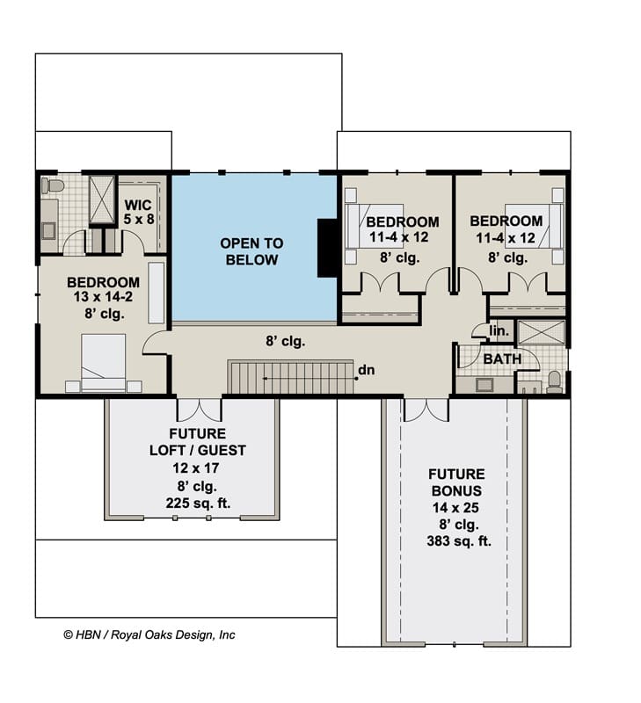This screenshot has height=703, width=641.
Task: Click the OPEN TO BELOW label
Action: [251, 251]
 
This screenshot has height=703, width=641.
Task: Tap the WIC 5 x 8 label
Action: [139, 212]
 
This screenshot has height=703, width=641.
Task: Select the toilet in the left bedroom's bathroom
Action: [52, 185]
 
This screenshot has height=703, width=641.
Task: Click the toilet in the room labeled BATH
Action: [555, 381]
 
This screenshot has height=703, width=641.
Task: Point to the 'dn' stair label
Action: [367, 370]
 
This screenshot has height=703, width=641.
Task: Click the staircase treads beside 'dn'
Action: [290, 377]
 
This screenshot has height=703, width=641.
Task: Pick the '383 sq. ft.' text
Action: [459, 541]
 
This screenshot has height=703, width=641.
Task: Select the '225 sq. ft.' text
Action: [198, 503]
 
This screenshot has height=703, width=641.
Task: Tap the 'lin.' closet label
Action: [499, 331]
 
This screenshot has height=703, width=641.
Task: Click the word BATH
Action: [502, 359]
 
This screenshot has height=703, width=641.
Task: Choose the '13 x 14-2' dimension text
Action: [103, 297]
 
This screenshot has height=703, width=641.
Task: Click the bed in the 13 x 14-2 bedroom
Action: [103, 363]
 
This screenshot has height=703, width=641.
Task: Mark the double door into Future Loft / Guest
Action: [200, 409]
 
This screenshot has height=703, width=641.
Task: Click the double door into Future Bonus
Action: [426, 409]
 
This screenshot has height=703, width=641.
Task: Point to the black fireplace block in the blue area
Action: [327, 248]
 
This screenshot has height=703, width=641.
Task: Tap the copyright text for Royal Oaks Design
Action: [149, 634]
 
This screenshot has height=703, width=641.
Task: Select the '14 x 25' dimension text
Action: [455, 508]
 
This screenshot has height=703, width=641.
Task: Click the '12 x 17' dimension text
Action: [196, 468]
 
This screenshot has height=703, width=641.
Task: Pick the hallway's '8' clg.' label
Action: [286, 342]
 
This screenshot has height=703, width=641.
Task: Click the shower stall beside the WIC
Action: [102, 199]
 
